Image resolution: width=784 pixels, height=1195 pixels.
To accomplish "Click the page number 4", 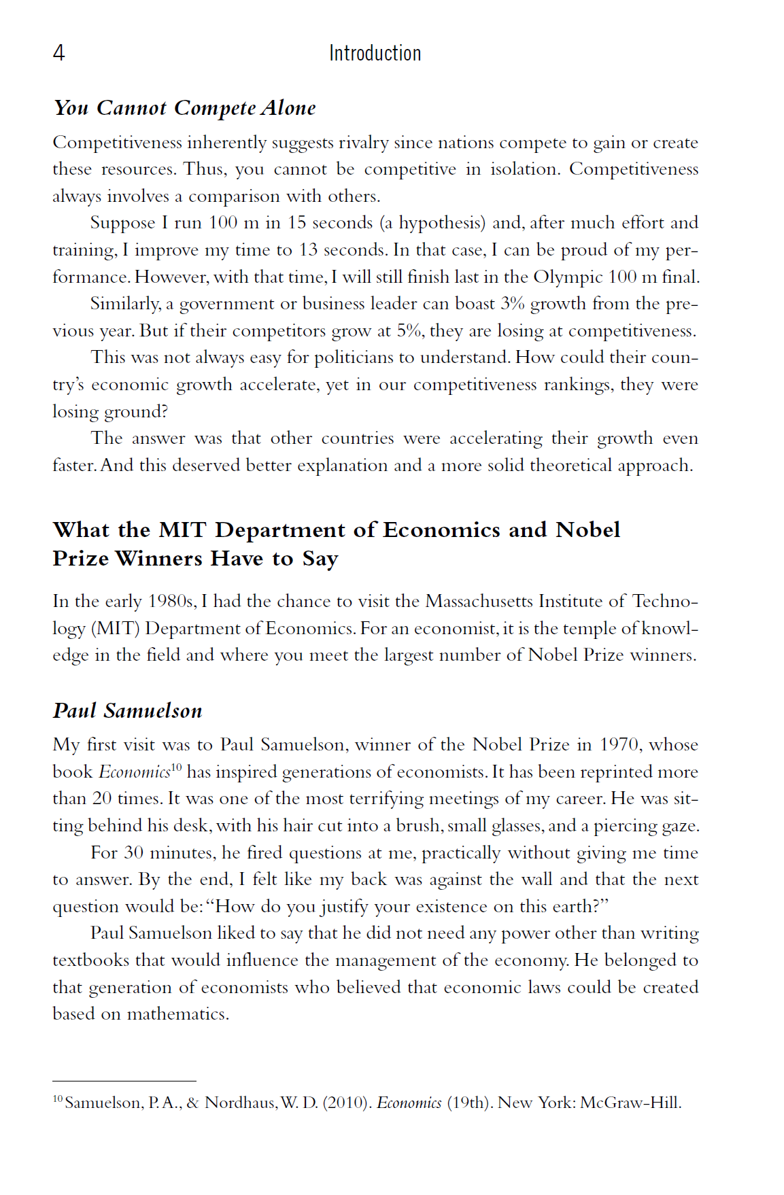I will pyautogui.click(x=59, y=53).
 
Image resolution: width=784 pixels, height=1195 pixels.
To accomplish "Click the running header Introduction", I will pyautogui.click(x=375, y=53).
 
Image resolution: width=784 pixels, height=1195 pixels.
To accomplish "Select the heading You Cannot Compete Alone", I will pyautogui.click(x=184, y=108).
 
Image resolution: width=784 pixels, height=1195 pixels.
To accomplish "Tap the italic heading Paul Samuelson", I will pyautogui.click(x=128, y=711).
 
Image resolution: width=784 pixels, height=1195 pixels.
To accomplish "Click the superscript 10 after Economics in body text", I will pyautogui.click(x=177, y=767).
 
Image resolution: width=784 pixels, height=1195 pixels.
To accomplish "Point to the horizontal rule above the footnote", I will pyautogui.click(x=124, y=1081).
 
